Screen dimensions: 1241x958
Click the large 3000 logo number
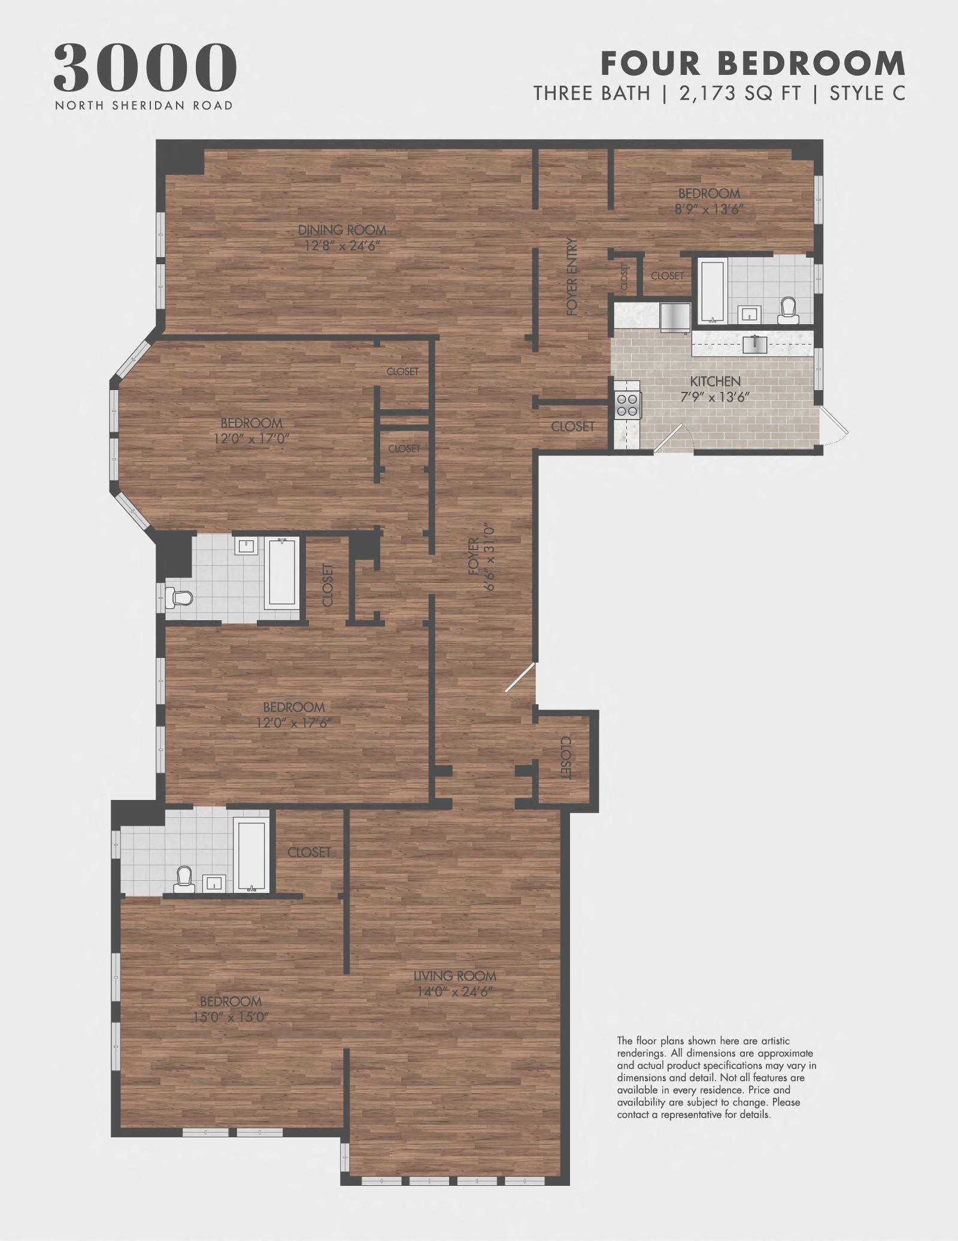click(x=145, y=67)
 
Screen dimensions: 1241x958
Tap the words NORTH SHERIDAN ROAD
click(x=144, y=105)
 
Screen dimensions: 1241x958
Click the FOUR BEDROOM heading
click(x=753, y=64)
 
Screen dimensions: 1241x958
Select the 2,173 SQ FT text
click(x=739, y=93)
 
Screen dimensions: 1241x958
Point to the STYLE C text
click(x=867, y=93)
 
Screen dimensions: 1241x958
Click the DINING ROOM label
click(x=342, y=230)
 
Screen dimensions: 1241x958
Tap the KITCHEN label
click(x=715, y=382)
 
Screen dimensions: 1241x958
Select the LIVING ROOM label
click(x=455, y=976)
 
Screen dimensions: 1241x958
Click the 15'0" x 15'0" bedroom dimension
click(x=231, y=1017)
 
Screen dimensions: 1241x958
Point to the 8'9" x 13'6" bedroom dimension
click(x=709, y=209)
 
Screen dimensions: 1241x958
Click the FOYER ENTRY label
click(x=572, y=276)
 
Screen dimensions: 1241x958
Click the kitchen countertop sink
click(x=754, y=344)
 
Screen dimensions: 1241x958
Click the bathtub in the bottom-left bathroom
click(x=251, y=856)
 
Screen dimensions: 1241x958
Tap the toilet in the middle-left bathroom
click(x=180, y=597)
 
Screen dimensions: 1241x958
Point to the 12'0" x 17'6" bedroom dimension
click(x=294, y=723)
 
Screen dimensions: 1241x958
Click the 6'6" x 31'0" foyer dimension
click(x=490, y=557)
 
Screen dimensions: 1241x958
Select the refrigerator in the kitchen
click(x=675, y=316)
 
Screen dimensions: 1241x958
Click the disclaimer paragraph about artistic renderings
click(x=716, y=1077)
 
